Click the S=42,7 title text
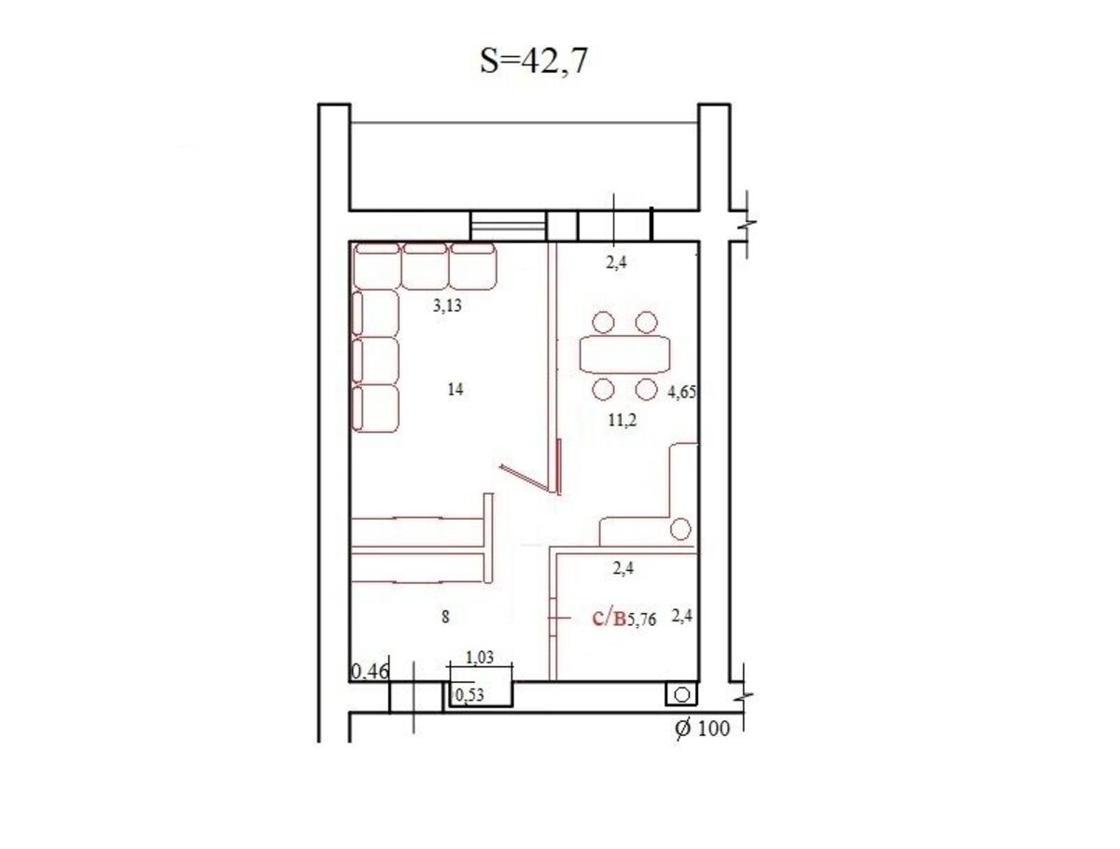click(x=533, y=62)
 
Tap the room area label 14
click(x=455, y=390)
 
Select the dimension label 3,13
click(x=447, y=305)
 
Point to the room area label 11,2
click(x=623, y=421)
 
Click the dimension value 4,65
click(x=682, y=393)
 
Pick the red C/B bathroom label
click(x=609, y=619)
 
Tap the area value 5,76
click(x=641, y=620)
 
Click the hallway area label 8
click(x=445, y=618)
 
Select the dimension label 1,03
click(x=480, y=658)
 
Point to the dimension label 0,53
click(x=469, y=695)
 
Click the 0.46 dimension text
click(x=371, y=672)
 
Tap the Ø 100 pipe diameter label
click(x=703, y=729)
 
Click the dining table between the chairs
click(x=625, y=354)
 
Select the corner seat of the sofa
click(x=377, y=266)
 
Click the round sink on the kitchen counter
click(x=680, y=529)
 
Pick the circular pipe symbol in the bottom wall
click(x=681, y=694)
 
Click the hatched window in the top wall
click(x=509, y=225)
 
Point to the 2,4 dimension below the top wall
click(x=616, y=262)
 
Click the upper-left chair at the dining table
click(x=604, y=322)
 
